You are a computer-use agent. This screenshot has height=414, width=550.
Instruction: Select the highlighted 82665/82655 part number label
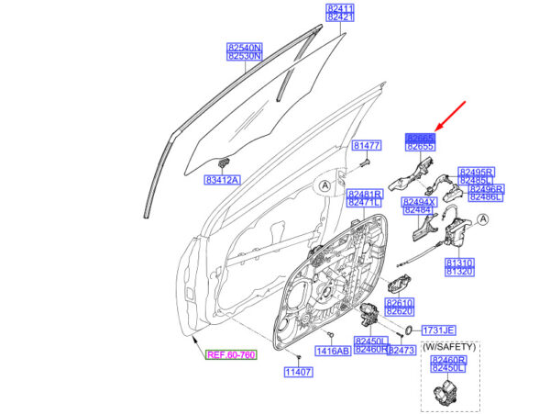point(421,141)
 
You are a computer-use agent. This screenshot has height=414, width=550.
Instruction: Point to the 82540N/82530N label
point(245,50)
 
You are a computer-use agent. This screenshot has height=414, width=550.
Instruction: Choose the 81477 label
point(367,146)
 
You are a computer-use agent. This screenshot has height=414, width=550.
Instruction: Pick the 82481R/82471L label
point(364,197)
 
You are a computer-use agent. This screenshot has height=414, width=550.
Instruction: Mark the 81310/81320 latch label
point(458,266)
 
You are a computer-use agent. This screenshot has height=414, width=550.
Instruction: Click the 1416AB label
point(333,351)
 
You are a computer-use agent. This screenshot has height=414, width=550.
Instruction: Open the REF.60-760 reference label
point(231,354)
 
